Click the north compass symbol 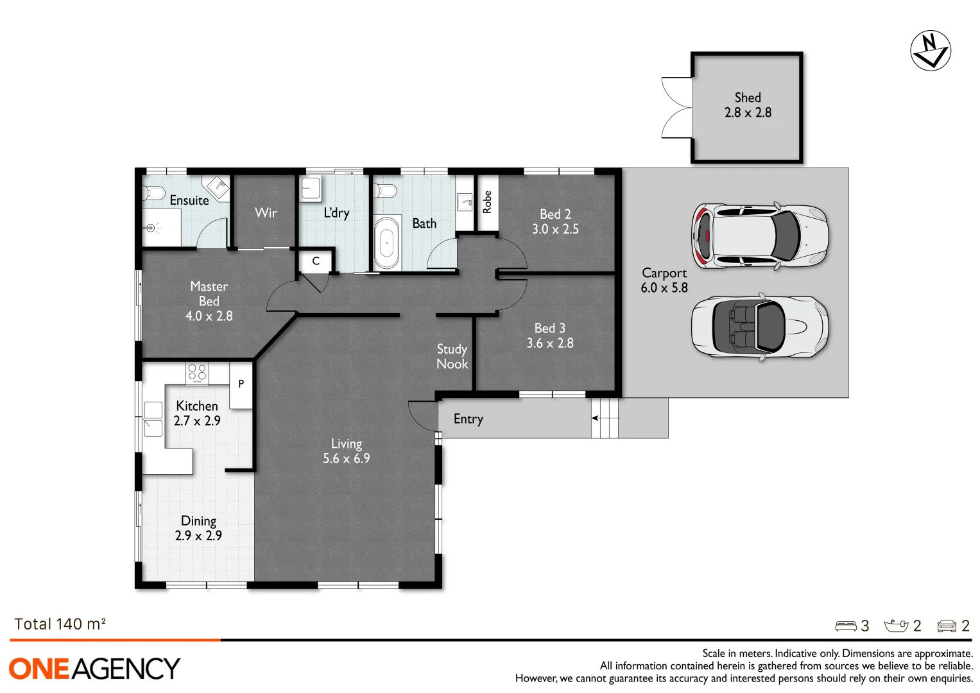(930, 50)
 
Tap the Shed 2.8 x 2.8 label (748, 105)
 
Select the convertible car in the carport (759, 327)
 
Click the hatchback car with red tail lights (759, 236)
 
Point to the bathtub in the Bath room (386, 243)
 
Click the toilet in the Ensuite (153, 192)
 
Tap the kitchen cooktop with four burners (197, 373)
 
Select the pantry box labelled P (241, 384)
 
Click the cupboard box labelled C (316, 261)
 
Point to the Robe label (487, 202)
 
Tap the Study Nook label (452, 357)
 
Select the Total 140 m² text (60, 624)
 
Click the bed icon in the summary (845, 626)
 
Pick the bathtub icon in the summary (896, 626)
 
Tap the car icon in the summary (947, 626)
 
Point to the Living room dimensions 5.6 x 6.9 (346, 459)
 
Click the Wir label (266, 212)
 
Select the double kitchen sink (153, 419)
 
